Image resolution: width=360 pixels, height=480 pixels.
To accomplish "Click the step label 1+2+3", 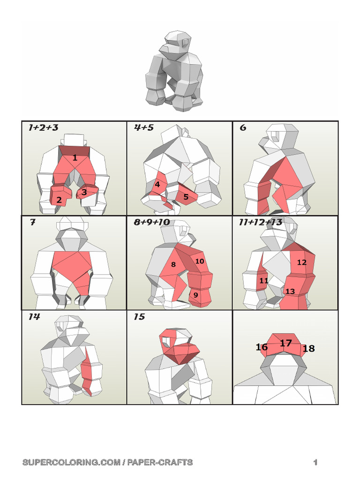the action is tap(43, 127).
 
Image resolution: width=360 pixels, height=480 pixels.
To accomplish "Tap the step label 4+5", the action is tap(143, 127).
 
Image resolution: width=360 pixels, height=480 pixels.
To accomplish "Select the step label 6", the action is tap(243, 127).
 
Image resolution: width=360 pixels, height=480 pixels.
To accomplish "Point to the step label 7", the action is tap(32, 222).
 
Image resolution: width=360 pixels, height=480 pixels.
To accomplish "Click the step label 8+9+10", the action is tap(152, 222).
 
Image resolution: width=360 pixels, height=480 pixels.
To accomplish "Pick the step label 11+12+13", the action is tap(261, 222).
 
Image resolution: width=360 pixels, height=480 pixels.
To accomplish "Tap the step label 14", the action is tap(34, 316).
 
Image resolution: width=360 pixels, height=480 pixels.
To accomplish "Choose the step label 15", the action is tap(139, 316).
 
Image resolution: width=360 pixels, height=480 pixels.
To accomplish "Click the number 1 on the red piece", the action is tap(75, 158).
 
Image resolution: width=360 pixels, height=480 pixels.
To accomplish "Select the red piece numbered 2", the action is tap(60, 195).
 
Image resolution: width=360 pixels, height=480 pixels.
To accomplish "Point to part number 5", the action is tap(186, 197).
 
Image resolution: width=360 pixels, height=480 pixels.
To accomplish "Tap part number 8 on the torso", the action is tap(173, 264).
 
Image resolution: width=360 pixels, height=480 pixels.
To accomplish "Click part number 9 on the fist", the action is tap(195, 295).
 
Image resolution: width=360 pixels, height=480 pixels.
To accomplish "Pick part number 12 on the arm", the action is tap(302, 262).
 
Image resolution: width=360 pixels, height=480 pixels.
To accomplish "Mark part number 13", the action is tap(290, 291).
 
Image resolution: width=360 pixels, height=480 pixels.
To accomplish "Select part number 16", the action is tap(262, 347).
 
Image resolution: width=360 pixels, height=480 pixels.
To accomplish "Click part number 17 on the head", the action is tap(286, 343).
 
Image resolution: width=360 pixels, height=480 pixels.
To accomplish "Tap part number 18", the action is tap(308, 348).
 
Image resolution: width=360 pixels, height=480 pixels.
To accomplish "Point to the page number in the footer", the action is tap(315, 462).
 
